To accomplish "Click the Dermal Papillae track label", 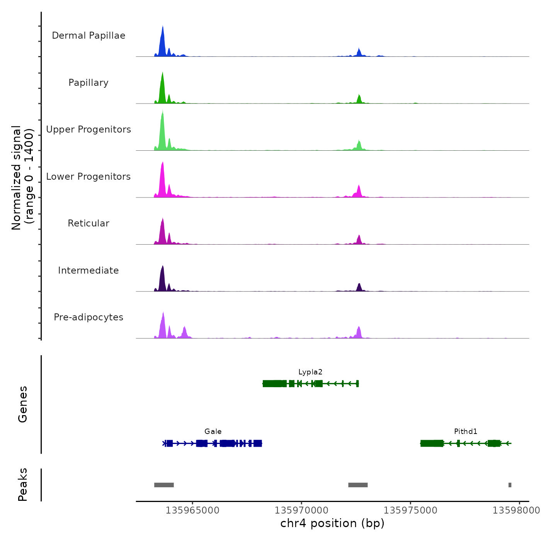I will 88,36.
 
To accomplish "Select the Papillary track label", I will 88,83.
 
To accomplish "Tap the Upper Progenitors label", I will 88,129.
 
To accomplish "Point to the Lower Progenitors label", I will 88,177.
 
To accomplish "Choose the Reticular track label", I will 88,223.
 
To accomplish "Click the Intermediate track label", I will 88,270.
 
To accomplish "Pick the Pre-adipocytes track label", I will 88,317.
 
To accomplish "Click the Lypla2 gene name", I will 310,372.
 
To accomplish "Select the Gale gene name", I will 213,432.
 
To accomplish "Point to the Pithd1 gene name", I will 466,432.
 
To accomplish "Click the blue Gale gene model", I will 213,443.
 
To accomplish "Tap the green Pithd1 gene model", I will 466,443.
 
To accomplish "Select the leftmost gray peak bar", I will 164,485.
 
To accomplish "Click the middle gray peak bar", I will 358,485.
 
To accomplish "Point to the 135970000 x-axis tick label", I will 301,510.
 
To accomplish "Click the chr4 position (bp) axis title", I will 332,524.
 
